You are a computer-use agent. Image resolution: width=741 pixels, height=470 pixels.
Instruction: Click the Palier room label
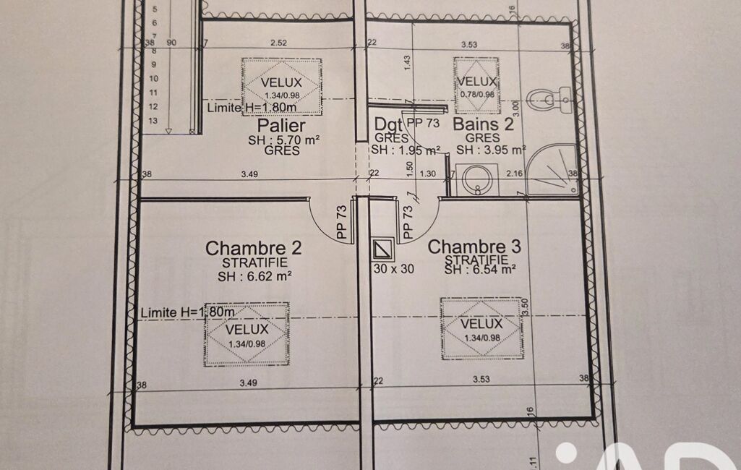pos(281,126)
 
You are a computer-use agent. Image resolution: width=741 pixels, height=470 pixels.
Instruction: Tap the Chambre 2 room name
pos(253,248)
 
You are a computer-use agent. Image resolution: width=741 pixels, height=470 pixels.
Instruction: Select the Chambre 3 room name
pos(474,247)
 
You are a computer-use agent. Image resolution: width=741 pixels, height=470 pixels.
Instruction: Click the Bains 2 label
pos(483,124)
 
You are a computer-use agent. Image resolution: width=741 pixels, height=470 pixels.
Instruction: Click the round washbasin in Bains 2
pos(477,179)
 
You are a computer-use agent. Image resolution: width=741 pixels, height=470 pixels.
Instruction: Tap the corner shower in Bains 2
pos(553,170)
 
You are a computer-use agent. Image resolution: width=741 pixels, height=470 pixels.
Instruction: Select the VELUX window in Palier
pos(282,87)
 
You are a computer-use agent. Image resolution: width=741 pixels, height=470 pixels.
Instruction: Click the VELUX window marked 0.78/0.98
pos(476,85)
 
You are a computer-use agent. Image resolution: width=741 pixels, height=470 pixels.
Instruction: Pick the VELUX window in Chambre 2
pos(247,334)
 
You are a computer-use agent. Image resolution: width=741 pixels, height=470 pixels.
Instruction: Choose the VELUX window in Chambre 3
pos(481,328)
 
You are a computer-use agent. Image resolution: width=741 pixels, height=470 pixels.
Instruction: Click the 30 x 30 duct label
pos(394,269)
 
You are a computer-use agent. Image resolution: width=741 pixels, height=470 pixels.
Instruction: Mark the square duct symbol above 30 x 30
pos(382,249)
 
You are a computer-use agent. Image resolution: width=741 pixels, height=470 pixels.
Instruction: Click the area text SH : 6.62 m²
pos(254,276)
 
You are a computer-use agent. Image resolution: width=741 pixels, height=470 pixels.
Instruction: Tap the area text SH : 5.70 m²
pos(284,140)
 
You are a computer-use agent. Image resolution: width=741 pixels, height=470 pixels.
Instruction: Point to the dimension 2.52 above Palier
pos(278,43)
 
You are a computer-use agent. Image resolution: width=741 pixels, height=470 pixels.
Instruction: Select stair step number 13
pos(153,121)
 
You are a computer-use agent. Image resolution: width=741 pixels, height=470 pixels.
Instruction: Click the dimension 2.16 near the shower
pos(514,174)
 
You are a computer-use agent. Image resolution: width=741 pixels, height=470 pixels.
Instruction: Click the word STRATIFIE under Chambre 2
pos(254,263)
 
